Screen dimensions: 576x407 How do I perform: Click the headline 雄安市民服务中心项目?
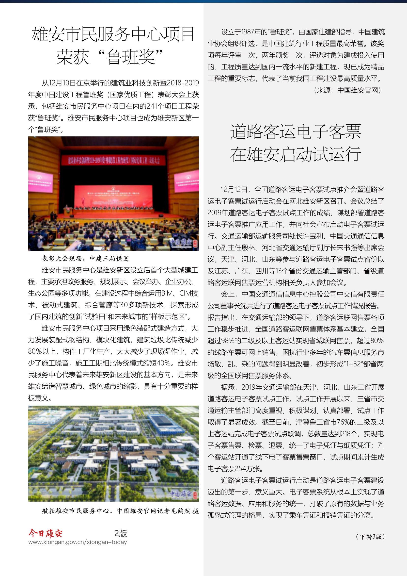click(113, 34)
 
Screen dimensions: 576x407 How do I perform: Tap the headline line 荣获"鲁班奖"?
click(110, 57)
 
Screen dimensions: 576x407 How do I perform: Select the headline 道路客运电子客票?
click(296, 131)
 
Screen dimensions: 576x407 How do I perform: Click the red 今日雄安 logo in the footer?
click(45, 533)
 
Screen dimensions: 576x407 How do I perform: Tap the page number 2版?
click(121, 533)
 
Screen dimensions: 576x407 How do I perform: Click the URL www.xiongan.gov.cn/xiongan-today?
click(78, 542)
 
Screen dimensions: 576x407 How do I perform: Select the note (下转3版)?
click(370, 537)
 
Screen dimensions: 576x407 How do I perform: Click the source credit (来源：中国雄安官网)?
click(348, 90)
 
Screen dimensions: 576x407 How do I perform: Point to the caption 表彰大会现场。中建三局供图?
click(85, 258)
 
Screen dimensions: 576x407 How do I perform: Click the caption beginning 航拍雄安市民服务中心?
click(120, 511)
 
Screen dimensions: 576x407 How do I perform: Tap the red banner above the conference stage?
click(114, 160)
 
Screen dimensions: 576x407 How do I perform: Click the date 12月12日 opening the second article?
click(234, 189)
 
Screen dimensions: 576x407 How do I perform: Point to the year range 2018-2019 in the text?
click(183, 83)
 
